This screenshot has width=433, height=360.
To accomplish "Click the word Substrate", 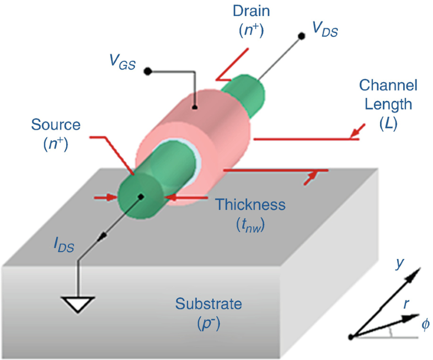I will pyautogui.click(x=208, y=304).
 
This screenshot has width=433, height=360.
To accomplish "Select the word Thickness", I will pyautogui.click(x=250, y=205).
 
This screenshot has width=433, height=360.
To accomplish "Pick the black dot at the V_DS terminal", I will pyautogui.click(x=301, y=36).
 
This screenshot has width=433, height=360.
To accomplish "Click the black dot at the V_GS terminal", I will pyautogui.click(x=147, y=71).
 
